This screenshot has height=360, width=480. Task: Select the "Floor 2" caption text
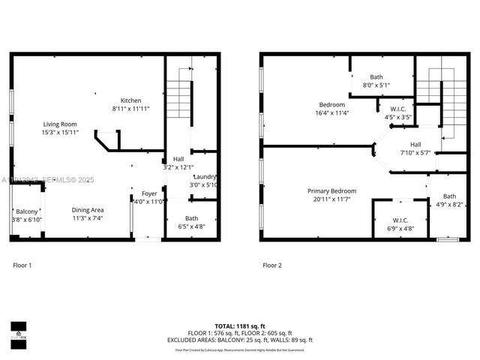tap(271, 265)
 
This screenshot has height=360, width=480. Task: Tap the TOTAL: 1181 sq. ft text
tap(239, 326)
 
